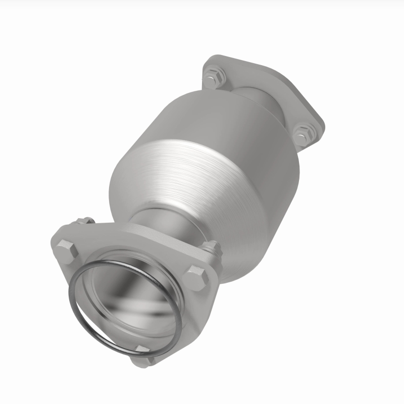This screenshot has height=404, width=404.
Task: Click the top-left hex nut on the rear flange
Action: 214,77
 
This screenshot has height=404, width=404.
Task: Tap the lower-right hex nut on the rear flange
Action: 304,134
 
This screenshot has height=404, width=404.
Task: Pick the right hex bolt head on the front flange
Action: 195,277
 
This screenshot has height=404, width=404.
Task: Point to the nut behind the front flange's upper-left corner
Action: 83,222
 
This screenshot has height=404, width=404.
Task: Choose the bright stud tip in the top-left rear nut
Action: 215,76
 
